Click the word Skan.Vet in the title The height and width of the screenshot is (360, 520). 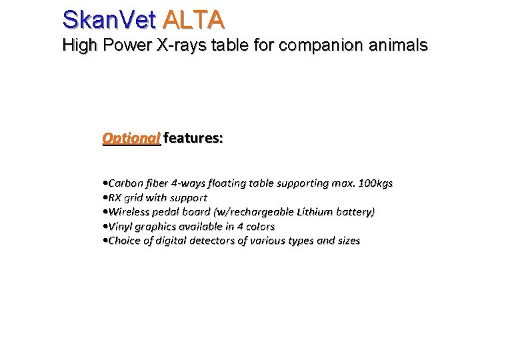(109, 19)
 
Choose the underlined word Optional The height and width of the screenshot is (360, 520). (131, 139)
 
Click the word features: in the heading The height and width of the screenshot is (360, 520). (193, 139)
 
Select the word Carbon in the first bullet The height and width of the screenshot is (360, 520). (125, 183)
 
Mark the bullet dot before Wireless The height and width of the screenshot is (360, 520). (105, 212)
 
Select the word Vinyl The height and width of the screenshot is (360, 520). (121, 227)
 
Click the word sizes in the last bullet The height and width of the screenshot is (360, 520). (347, 241)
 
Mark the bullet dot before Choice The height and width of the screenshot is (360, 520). (105, 241)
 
